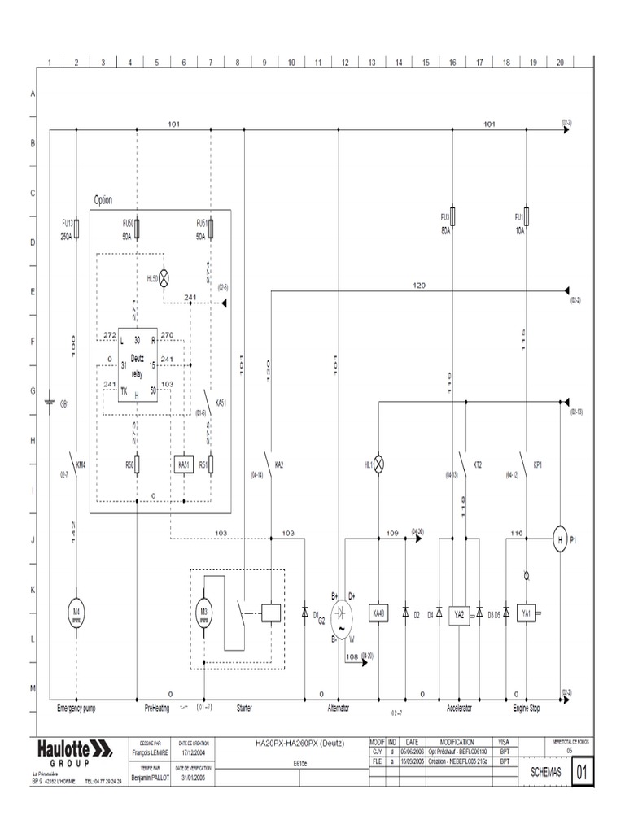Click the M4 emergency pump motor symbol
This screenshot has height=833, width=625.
[76, 612]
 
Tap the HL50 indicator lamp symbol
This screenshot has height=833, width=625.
[164, 278]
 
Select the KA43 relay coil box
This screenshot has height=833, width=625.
[378, 613]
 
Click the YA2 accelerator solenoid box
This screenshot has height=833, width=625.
[458, 614]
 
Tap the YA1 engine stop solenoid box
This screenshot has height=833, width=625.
[527, 613]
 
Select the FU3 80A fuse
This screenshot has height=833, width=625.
[452, 217]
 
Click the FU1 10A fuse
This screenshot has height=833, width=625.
[527, 217]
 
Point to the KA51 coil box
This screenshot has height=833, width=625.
[184, 464]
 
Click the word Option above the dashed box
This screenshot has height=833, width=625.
[103, 200]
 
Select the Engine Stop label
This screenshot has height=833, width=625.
[526, 709]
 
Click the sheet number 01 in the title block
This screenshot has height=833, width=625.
[582, 773]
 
